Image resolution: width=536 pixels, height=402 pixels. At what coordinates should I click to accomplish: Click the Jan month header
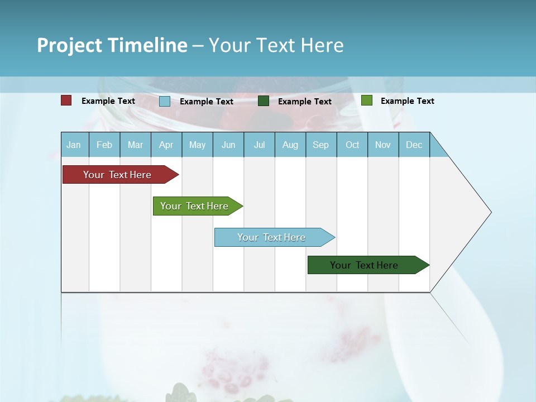(x=74, y=145)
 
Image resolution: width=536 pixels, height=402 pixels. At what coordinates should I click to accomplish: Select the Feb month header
(x=104, y=145)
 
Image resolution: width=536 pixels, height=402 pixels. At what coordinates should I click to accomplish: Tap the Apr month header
(x=166, y=145)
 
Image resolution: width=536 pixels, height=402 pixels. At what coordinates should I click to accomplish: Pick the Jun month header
(x=228, y=145)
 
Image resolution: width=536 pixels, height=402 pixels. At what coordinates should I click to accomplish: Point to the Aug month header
(x=290, y=145)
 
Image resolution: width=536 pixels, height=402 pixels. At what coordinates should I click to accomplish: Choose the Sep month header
(x=321, y=145)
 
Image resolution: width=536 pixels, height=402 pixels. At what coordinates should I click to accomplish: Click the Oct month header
(x=352, y=145)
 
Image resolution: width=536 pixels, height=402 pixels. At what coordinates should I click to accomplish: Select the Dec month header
(x=414, y=145)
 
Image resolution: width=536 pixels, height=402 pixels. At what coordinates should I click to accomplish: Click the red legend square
(x=66, y=100)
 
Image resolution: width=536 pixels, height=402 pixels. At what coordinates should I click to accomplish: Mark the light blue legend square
(x=165, y=101)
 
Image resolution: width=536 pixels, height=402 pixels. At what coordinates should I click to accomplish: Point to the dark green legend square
(x=264, y=101)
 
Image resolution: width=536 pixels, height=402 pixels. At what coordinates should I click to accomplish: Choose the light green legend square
(x=367, y=100)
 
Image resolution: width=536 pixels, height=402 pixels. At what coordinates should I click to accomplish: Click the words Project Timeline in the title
(x=112, y=45)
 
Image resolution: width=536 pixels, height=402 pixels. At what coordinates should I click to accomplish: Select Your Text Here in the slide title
(x=276, y=45)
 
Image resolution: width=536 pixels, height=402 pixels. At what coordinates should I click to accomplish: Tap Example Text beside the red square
(x=108, y=101)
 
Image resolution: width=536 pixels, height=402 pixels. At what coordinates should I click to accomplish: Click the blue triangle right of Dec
(x=437, y=149)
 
